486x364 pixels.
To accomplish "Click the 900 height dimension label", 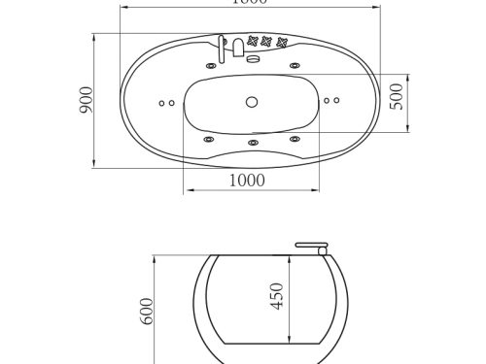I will tap(85, 100).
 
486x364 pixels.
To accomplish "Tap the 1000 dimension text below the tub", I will tap(251, 181).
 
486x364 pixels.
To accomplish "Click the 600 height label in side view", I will tap(148, 310).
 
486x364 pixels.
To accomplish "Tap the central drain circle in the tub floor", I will tap(252, 100).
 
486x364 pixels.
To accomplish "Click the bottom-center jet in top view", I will tap(252, 144).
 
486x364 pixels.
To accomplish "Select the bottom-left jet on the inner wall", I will tap(208, 139).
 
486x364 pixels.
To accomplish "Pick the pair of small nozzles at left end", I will tap(166, 101).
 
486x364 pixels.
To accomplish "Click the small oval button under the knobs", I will tap(255, 59).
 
